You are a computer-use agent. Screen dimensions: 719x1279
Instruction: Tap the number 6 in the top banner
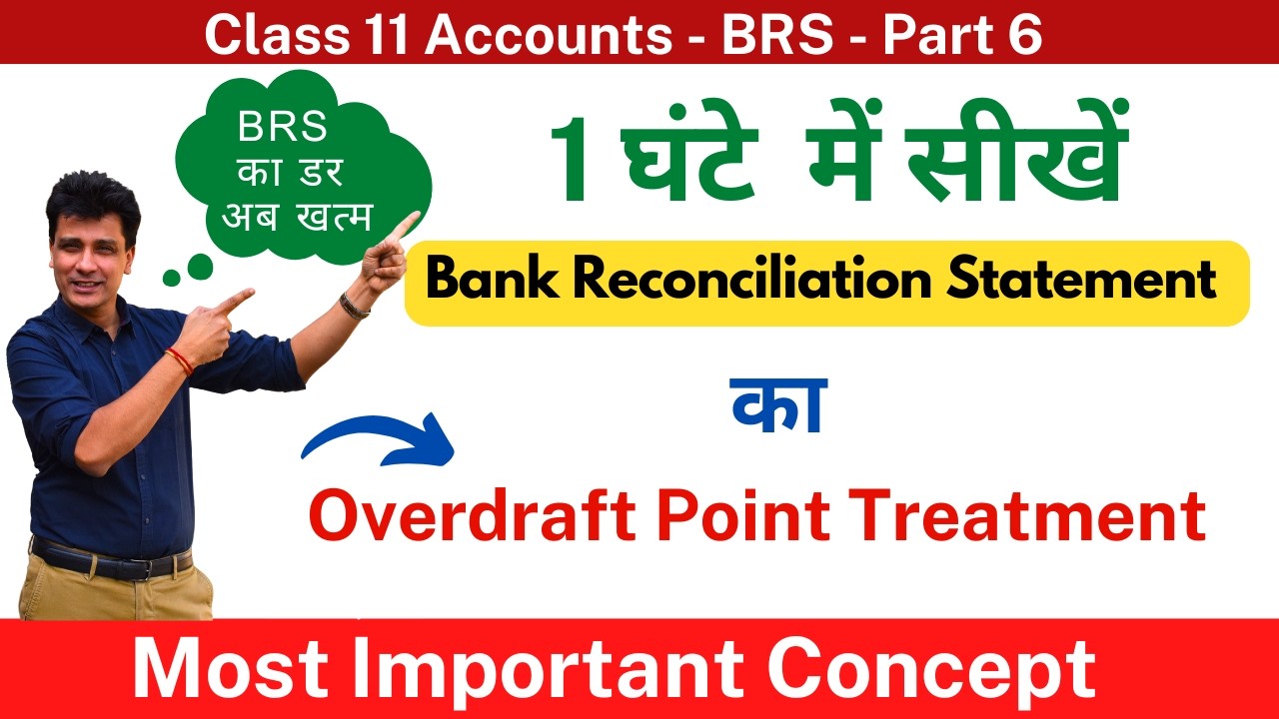(x=1025, y=36)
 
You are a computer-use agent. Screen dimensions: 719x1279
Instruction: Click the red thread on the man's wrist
(x=181, y=359)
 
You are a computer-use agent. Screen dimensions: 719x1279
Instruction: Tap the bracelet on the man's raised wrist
(x=353, y=306)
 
